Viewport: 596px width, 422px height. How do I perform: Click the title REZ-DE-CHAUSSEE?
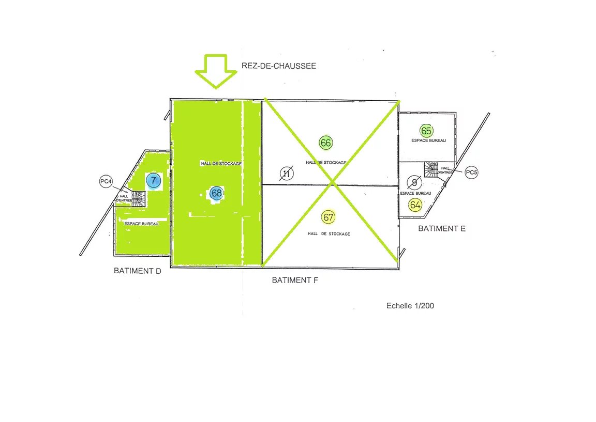click(x=278, y=66)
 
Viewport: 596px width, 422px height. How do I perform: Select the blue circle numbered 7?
click(x=153, y=181)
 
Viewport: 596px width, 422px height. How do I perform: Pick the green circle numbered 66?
click(x=326, y=143)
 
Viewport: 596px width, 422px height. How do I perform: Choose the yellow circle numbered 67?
click(x=328, y=217)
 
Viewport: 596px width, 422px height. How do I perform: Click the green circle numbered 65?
click(x=426, y=131)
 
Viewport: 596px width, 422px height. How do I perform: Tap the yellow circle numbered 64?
click(x=415, y=205)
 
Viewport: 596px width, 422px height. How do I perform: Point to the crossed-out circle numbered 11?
click(x=286, y=174)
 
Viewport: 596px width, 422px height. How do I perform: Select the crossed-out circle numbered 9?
click(x=414, y=182)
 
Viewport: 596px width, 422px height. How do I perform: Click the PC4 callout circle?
click(x=106, y=182)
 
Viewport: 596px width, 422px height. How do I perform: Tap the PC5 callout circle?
click(x=471, y=173)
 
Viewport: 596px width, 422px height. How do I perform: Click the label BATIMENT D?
click(x=138, y=271)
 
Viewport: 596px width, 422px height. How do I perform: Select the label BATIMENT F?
click(x=295, y=280)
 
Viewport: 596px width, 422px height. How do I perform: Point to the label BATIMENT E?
click(x=441, y=228)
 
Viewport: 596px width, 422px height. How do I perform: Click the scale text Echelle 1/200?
click(x=410, y=306)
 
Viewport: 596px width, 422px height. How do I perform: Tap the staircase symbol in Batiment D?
click(x=138, y=198)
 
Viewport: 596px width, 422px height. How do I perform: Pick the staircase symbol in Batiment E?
click(x=431, y=169)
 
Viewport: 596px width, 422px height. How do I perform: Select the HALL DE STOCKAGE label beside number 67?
click(x=329, y=234)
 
